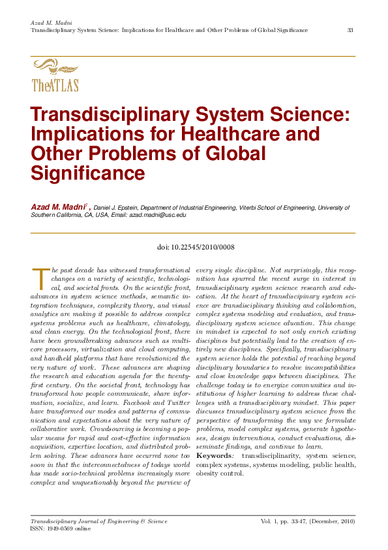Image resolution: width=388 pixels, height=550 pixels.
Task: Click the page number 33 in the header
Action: [350, 31]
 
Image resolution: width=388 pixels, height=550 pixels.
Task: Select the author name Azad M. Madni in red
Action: [58, 207]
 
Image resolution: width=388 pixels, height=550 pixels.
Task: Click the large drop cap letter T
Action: [39, 276]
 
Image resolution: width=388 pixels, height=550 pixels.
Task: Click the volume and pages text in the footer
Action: [308, 521]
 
